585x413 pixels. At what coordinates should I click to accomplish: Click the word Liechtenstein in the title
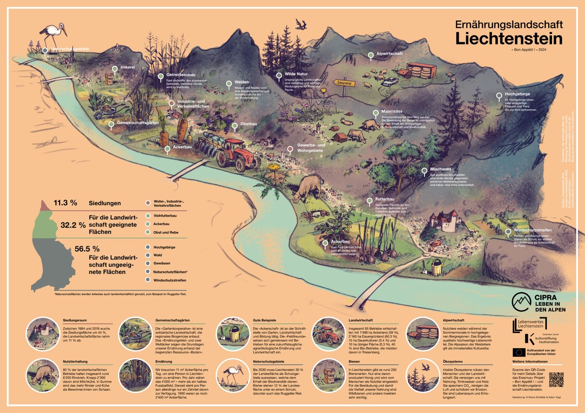tap(509, 38)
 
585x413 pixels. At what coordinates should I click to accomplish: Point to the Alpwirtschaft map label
tap(389, 54)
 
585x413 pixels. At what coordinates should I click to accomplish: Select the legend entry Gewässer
tap(163, 263)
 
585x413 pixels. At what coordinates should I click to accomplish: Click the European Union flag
tap(518, 352)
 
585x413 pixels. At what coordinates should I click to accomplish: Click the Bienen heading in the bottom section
tap(356, 362)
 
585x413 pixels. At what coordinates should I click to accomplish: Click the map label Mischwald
tap(441, 169)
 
